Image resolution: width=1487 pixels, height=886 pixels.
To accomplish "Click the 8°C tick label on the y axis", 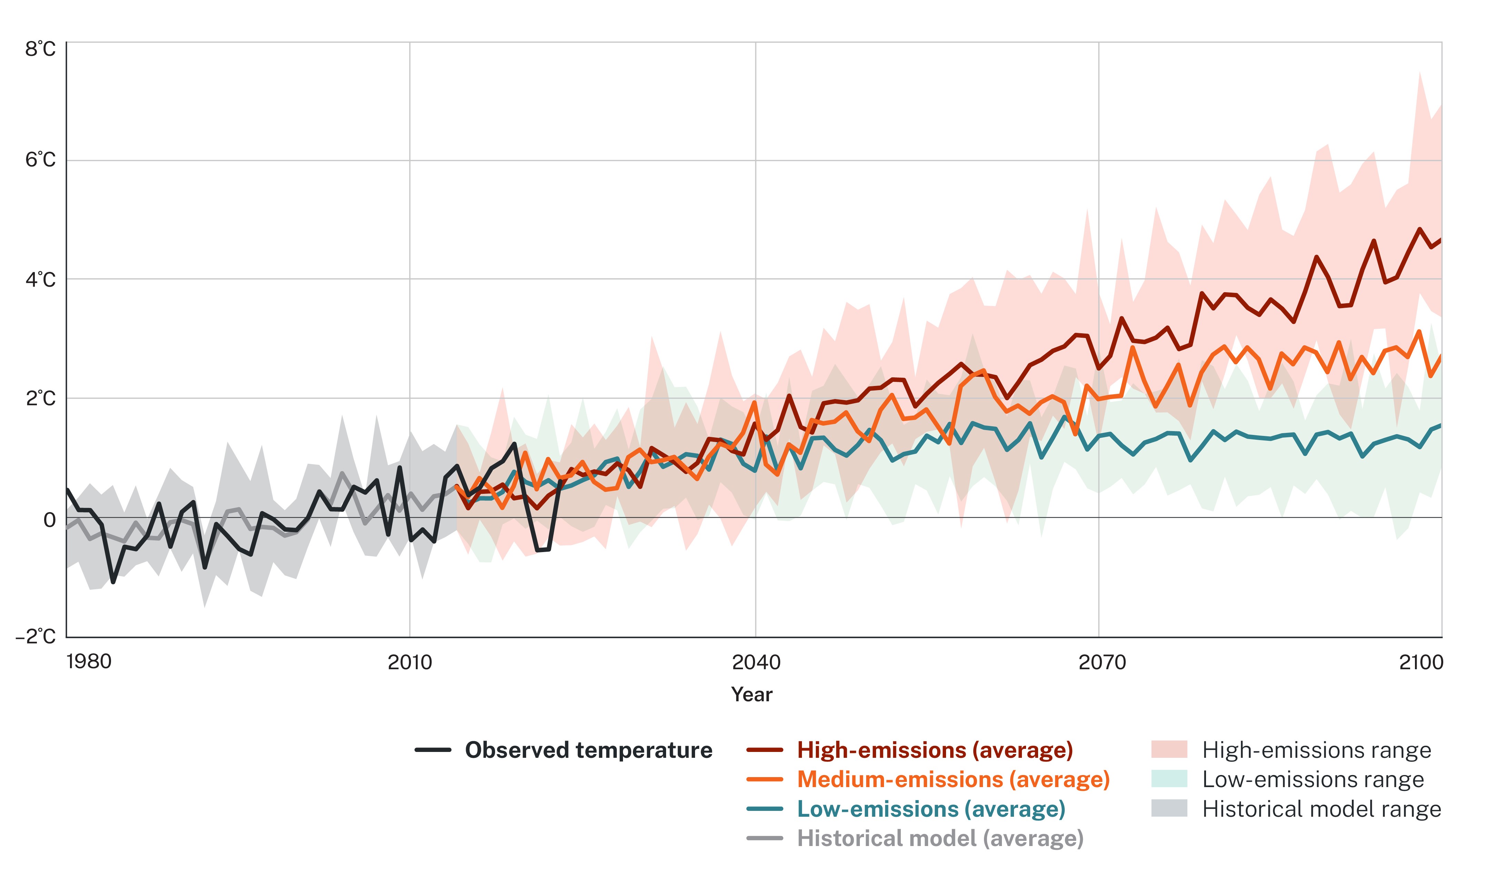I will (x=40, y=49).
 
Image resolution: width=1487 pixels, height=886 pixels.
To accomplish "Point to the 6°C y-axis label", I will (x=40, y=160).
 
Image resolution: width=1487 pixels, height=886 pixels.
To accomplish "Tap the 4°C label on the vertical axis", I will (x=40, y=279).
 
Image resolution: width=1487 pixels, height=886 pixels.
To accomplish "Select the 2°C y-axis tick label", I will (x=40, y=398).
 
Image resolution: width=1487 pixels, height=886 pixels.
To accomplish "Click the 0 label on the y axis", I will (x=50, y=520).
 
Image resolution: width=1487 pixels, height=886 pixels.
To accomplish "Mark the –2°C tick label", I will (x=36, y=637).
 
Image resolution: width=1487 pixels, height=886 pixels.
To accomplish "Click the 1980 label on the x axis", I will (x=89, y=662).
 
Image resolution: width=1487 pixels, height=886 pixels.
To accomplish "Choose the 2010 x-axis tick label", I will (x=410, y=662).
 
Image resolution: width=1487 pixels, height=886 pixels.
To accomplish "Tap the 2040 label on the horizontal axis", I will (x=756, y=662).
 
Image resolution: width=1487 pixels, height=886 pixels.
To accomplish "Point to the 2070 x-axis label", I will (x=1102, y=662).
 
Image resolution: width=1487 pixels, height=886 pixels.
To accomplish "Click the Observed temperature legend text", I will (x=588, y=750).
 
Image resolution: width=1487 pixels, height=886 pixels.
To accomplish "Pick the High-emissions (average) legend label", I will (x=935, y=750).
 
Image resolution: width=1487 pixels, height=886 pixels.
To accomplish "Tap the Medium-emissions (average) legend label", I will (x=953, y=779).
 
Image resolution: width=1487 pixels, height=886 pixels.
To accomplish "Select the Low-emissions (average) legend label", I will (x=931, y=809).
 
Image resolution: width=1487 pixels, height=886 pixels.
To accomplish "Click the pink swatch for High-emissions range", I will (x=1169, y=749).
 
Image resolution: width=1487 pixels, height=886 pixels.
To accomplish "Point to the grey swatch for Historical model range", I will (x=1169, y=808).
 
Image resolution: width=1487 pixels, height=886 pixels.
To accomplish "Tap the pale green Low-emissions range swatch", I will (x=1169, y=779).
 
